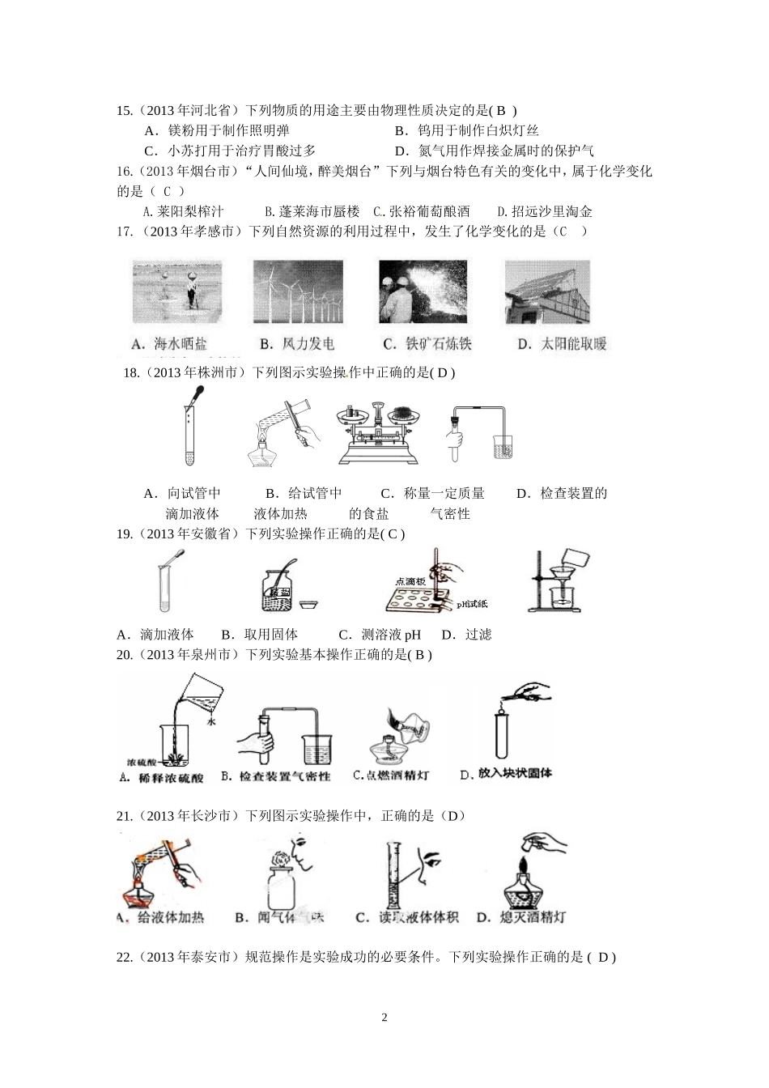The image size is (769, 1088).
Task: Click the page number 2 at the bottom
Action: (384, 1018)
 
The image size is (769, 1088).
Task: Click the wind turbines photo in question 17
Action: (299, 293)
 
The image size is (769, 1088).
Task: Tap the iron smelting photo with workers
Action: (423, 293)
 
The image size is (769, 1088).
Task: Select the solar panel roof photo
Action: (546, 293)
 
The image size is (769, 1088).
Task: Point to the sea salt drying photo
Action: (177, 293)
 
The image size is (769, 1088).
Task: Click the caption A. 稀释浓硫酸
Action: (161, 778)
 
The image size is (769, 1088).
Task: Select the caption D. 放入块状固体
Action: (507, 774)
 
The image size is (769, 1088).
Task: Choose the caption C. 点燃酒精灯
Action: (391, 776)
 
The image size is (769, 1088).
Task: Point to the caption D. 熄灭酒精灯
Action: (521, 917)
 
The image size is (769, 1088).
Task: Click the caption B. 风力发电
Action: (297, 344)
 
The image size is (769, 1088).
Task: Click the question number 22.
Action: (125, 957)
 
